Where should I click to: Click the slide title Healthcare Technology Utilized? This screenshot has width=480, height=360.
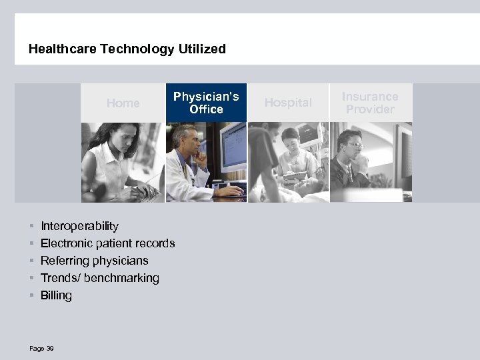click(127, 49)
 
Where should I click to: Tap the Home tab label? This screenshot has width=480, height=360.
click(123, 103)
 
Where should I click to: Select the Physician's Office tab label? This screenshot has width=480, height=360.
click(206, 103)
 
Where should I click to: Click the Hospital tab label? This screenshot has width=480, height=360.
click(288, 102)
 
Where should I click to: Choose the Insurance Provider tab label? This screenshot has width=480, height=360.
click(370, 103)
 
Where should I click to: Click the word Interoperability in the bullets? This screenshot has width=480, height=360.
click(79, 226)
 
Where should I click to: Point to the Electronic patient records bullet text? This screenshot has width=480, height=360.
click(107, 243)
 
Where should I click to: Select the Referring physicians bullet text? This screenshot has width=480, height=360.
click(94, 261)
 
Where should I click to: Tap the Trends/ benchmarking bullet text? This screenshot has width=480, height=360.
click(100, 278)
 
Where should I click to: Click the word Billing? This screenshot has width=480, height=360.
click(56, 295)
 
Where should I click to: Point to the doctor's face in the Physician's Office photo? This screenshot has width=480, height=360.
click(186, 141)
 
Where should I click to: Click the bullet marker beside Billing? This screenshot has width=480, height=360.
click(31, 295)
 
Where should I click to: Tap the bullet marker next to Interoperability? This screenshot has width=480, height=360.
click(31, 226)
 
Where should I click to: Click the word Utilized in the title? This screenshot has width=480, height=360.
click(203, 49)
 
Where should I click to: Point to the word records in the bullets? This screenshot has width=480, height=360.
click(154, 243)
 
